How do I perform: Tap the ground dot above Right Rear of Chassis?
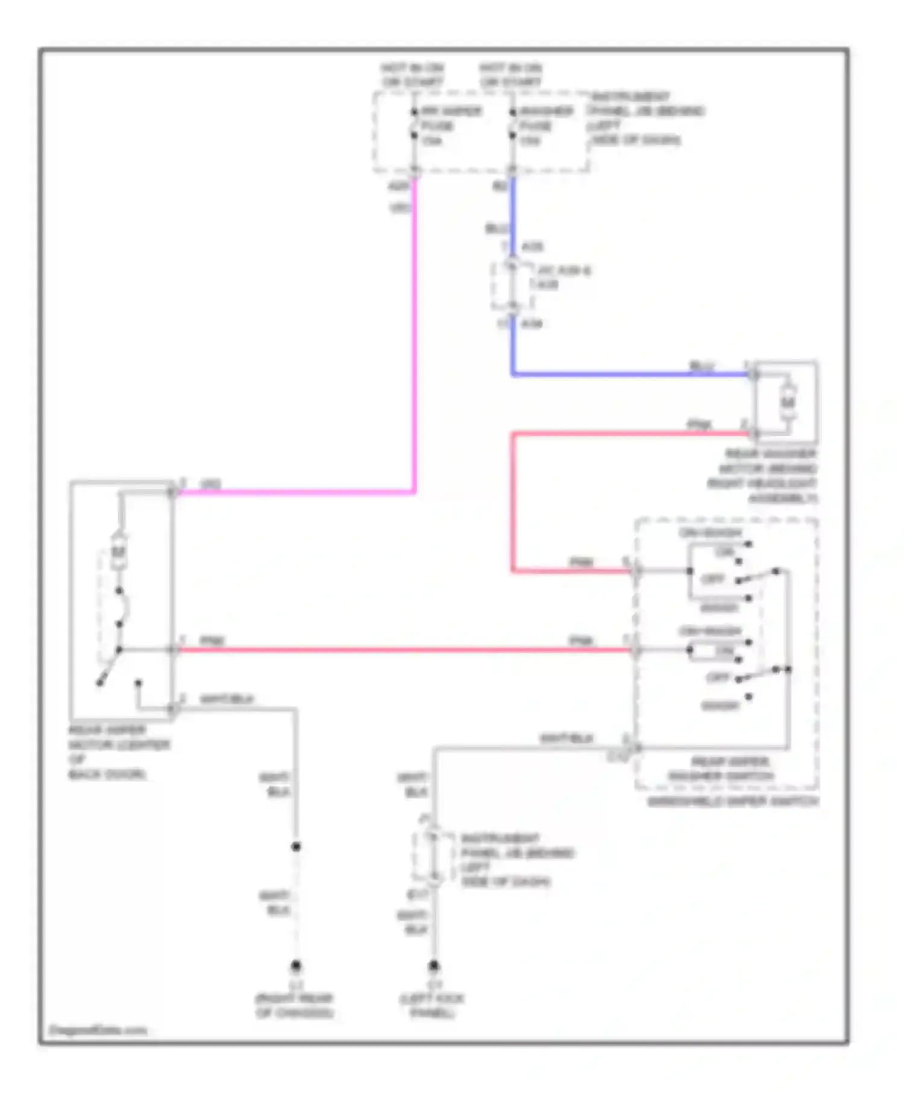[x=296, y=966]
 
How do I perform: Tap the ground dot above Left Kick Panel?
[x=434, y=966]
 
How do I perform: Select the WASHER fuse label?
[x=545, y=111]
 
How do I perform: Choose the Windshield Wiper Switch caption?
[x=732, y=801]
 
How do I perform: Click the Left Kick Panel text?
[x=432, y=1006]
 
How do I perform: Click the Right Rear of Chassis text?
[x=295, y=1006]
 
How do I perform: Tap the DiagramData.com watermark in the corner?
[x=97, y=1030]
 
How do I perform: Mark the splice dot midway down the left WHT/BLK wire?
[x=296, y=847]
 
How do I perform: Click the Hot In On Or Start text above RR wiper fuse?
[x=412, y=75]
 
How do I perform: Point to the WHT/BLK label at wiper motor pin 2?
[x=227, y=699]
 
